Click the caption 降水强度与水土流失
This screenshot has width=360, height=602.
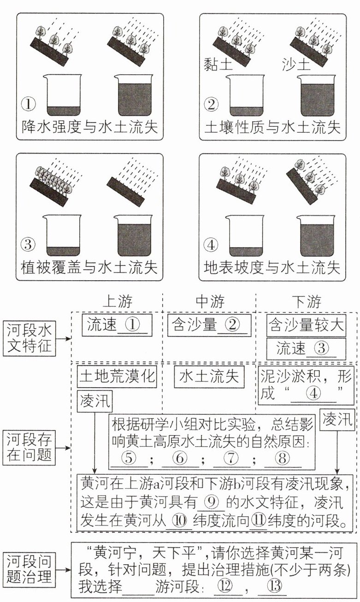pyautogui.click(x=90, y=127)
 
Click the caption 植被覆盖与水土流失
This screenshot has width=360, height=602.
pyautogui.click(x=90, y=267)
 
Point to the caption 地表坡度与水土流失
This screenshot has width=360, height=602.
pyautogui.click(x=272, y=267)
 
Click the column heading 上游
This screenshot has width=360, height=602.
pyautogui.click(x=117, y=301)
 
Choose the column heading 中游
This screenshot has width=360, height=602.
pyautogui.click(x=210, y=301)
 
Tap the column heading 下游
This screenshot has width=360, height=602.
pyautogui.click(x=307, y=301)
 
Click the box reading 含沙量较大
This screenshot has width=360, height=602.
pyautogui.click(x=307, y=326)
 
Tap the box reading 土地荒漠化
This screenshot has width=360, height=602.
pyautogui.click(x=118, y=377)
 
